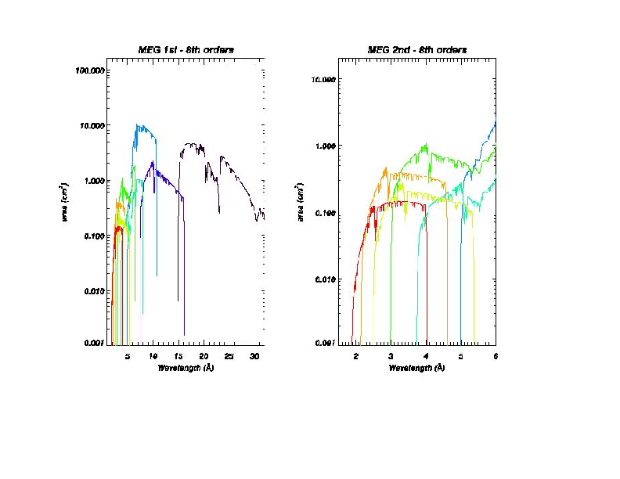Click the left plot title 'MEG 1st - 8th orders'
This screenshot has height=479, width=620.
(x=185, y=50)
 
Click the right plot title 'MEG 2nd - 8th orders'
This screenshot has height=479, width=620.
(x=417, y=50)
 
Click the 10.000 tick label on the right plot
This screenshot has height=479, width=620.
(x=324, y=80)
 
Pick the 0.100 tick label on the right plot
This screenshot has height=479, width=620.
(x=326, y=213)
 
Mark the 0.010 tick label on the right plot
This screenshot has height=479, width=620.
(x=326, y=279)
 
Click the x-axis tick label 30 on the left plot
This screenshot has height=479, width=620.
(x=254, y=356)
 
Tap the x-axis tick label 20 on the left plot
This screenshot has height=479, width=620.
(x=204, y=356)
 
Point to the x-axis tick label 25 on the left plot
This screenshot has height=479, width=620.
(x=229, y=356)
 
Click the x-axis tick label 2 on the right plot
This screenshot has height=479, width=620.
(x=356, y=356)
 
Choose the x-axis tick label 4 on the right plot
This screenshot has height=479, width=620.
(x=426, y=356)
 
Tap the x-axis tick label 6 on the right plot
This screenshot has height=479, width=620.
(x=495, y=356)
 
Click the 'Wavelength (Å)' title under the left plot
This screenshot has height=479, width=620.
(x=186, y=367)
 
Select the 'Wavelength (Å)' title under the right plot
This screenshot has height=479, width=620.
(x=417, y=367)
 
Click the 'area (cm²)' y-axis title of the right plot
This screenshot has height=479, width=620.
(x=300, y=201)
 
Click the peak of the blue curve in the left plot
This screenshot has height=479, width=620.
(x=137, y=124)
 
